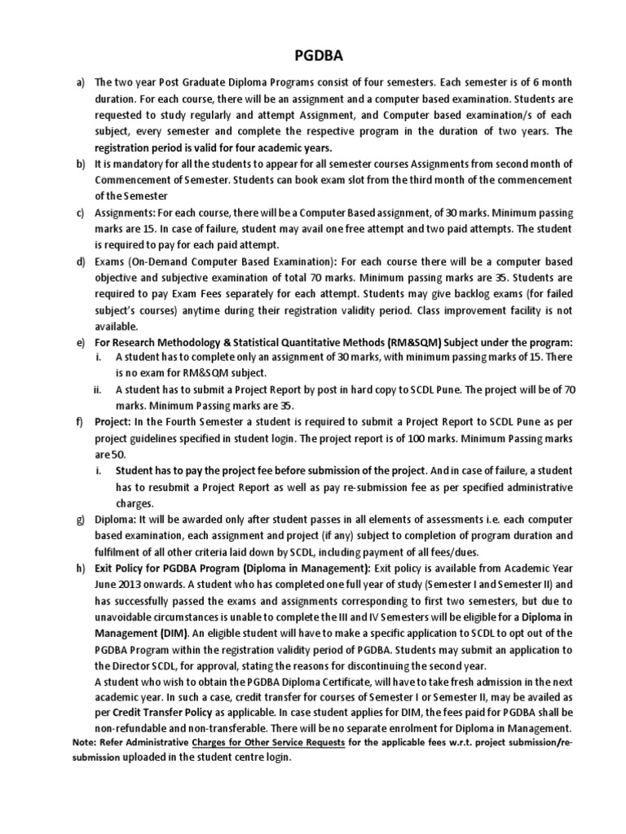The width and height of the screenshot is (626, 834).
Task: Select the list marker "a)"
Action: pos(81,84)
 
